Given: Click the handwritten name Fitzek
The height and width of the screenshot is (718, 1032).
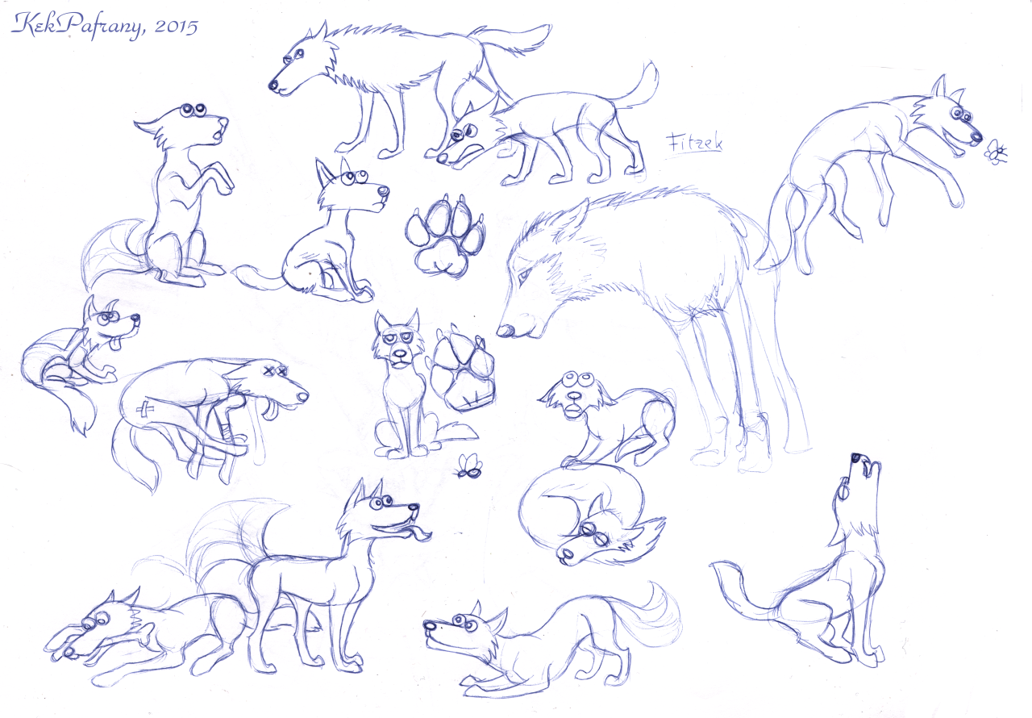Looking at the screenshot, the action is pos(694,144).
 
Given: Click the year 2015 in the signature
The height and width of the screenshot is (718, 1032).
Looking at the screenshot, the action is pos(176,27).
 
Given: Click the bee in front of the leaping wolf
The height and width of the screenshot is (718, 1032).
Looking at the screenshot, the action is pos(996,152).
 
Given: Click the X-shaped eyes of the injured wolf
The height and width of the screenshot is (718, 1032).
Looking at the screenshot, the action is pos(275,370).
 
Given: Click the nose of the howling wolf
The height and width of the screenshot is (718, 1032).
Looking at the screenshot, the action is pos(856,458).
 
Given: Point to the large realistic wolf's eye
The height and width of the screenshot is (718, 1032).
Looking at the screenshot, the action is pos(523,276).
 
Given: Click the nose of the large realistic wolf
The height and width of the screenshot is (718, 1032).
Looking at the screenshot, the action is pos(504,329).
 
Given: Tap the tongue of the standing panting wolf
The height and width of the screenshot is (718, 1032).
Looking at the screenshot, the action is pos(418,534).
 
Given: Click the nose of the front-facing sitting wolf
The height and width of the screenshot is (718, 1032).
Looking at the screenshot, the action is pos(401,354).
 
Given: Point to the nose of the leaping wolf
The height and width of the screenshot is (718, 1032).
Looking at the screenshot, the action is pos(975,136).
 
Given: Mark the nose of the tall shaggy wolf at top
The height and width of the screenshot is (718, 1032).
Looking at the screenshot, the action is pos(273,85).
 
